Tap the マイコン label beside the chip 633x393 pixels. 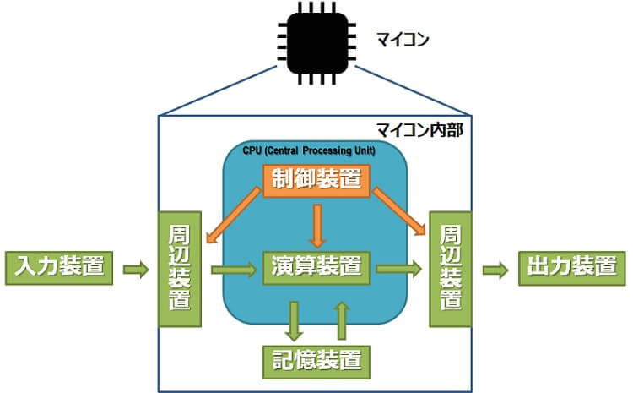pos(403,39)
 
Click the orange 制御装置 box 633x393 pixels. pos(316,180)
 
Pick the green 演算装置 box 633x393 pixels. pos(316,268)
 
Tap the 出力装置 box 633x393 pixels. pos(571,268)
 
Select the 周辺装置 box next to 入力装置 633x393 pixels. pos(181,267)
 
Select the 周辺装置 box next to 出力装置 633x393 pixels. pos(451,267)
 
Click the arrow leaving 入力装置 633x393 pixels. pos(135,270)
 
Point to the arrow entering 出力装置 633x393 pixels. pos(495,270)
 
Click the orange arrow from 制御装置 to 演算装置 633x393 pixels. pos(316,223)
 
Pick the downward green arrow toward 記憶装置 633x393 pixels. pos(295,319)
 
